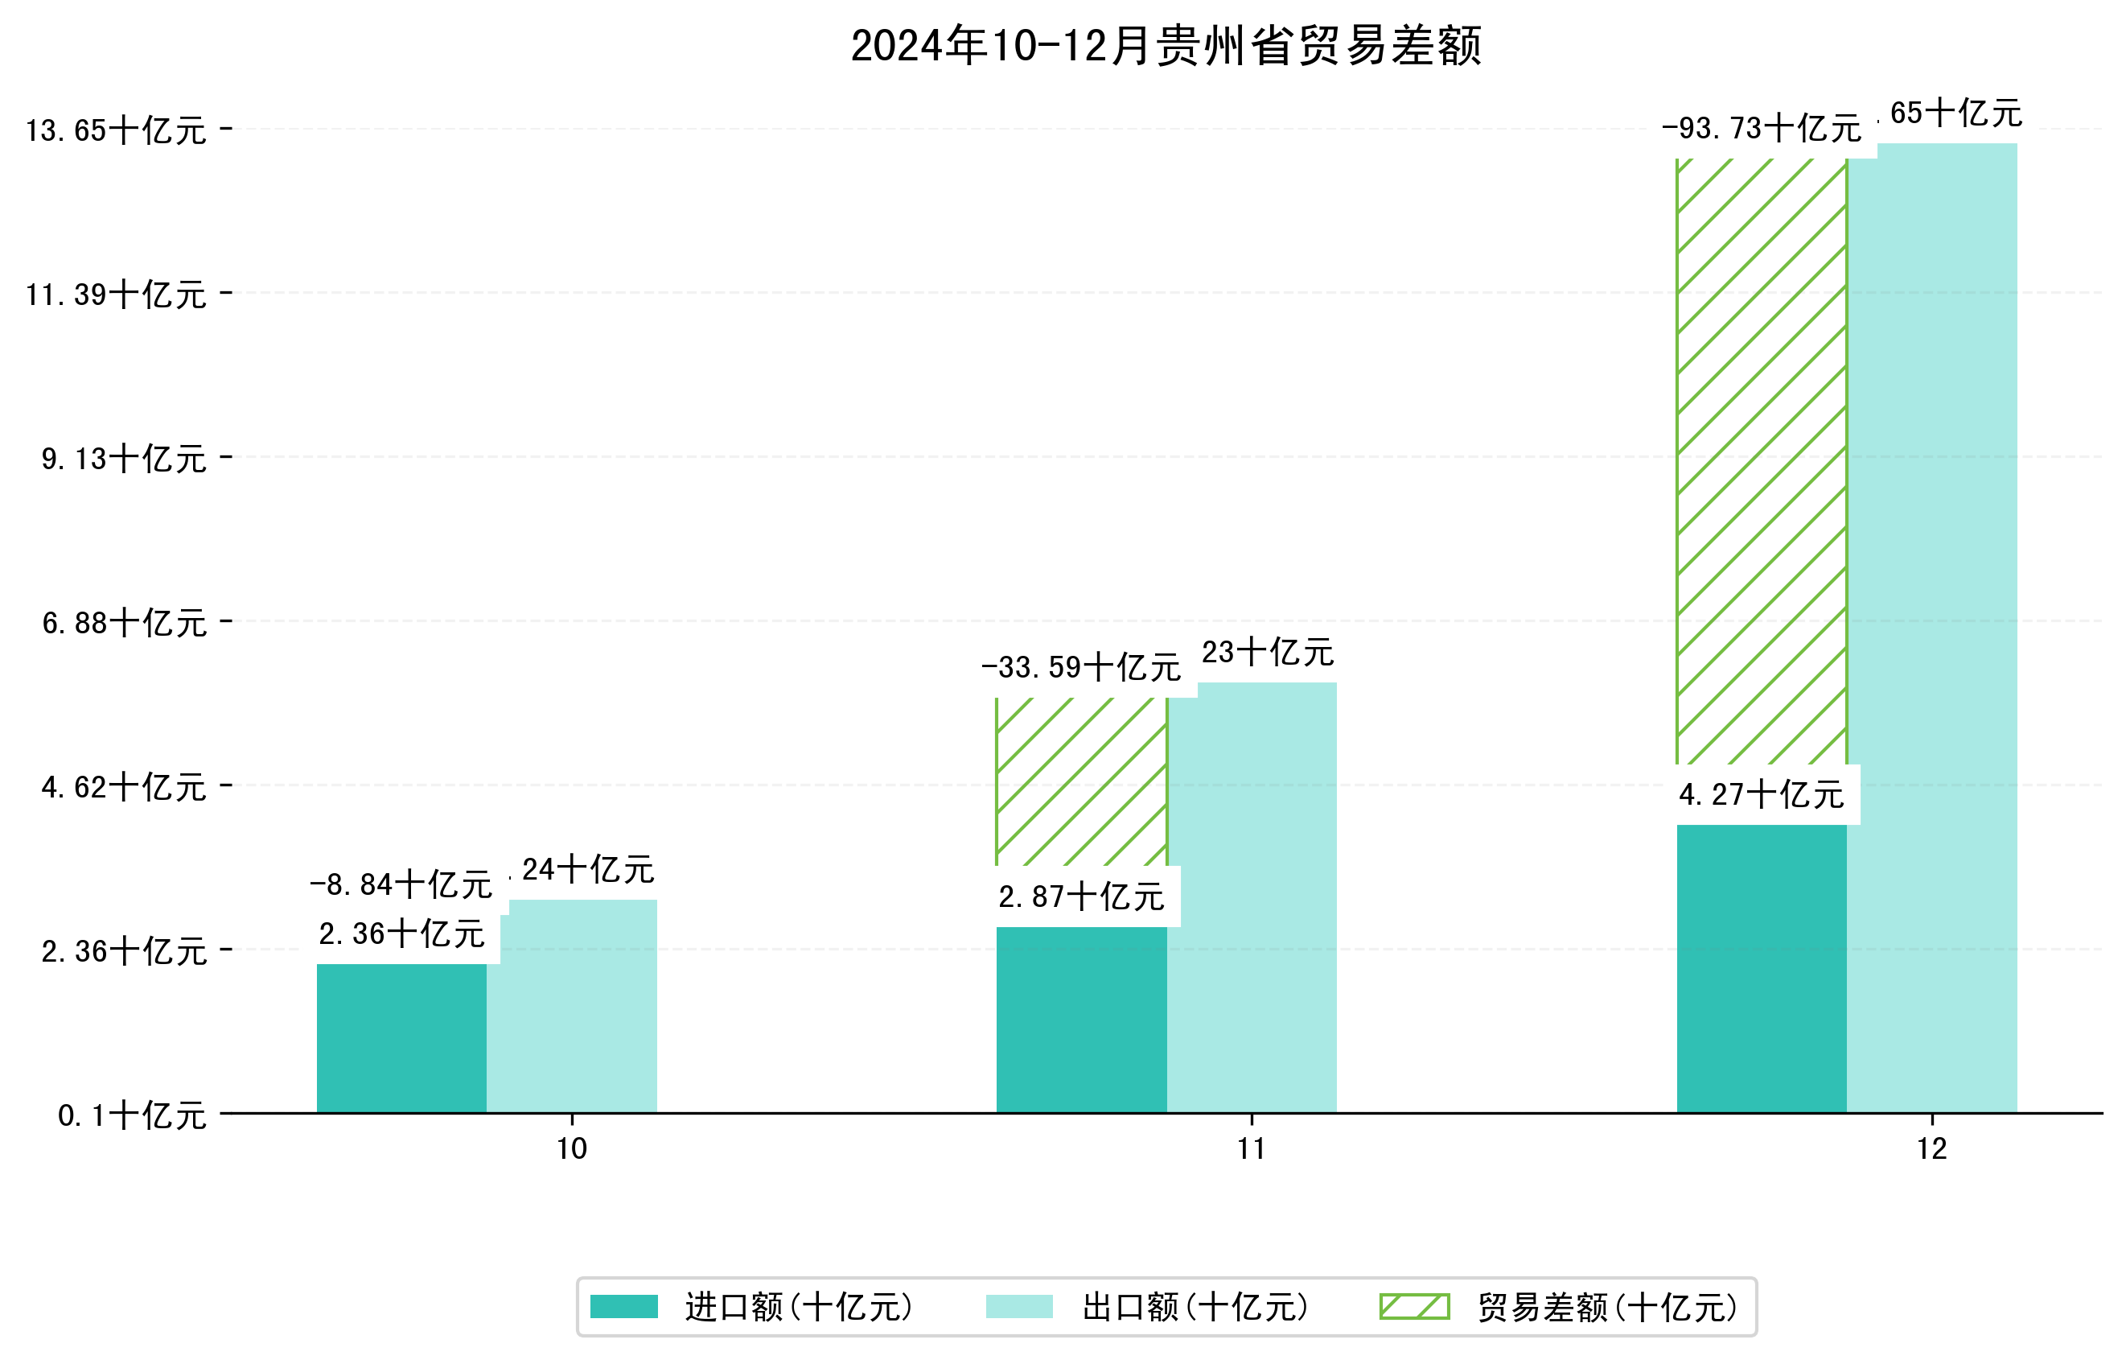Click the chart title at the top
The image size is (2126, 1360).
pyautogui.click(x=1165, y=46)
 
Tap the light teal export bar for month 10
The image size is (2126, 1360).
pyautogui.click(x=572, y=1007)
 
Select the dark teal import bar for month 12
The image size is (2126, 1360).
pyautogui.click(x=1761, y=969)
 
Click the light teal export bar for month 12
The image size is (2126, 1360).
pyautogui.click(x=1932, y=627)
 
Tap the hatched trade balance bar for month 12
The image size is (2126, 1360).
pyautogui.click(x=1761, y=460)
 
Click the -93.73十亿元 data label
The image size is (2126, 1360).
pyautogui.click(x=1761, y=129)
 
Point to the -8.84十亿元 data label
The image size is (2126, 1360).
pyautogui.click(x=401, y=884)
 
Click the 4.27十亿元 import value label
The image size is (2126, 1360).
pyautogui.click(x=1761, y=795)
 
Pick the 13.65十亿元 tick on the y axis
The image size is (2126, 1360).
pyautogui.click(x=116, y=130)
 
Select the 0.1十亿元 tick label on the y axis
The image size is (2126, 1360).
pyautogui.click(x=132, y=1115)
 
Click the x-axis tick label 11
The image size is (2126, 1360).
pyautogui.click(x=1251, y=1149)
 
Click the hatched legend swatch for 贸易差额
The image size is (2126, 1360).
pyautogui.click(x=1414, y=1306)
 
